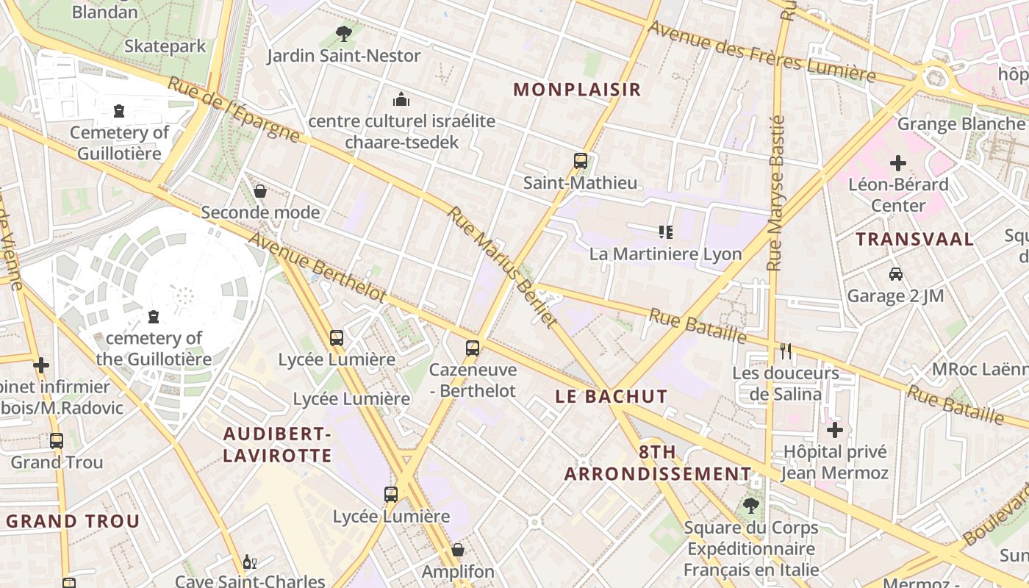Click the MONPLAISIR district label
pyautogui.click(x=577, y=90)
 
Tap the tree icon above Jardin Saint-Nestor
pyautogui.click(x=343, y=33)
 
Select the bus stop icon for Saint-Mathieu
pyautogui.click(x=581, y=160)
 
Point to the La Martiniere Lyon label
pyautogui.click(x=665, y=254)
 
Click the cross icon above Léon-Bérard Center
pyautogui.click(x=898, y=162)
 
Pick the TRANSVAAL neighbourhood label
pyautogui.click(x=914, y=239)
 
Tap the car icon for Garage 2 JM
pyautogui.click(x=896, y=274)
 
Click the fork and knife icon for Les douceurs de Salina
pyautogui.click(x=786, y=351)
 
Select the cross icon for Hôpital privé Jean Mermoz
pyautogui.click(x=834, y=429)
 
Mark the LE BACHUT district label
pyautogui.click(x=612, y=397)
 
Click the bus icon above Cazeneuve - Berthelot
pyautogui.click(x=473, y=348)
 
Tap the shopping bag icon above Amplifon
pyautogui.click(x=458, y=549)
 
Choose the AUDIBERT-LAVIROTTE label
pyautogui.click(x=278, y=445)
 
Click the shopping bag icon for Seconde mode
pyautogui.click(x=260, y=191)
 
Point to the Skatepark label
pyautogui.click(x=165, y=46)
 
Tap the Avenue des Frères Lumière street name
pyautogui.click(x=761, y=51)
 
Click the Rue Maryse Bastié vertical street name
pyautogui.click(x=775, y=193)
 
